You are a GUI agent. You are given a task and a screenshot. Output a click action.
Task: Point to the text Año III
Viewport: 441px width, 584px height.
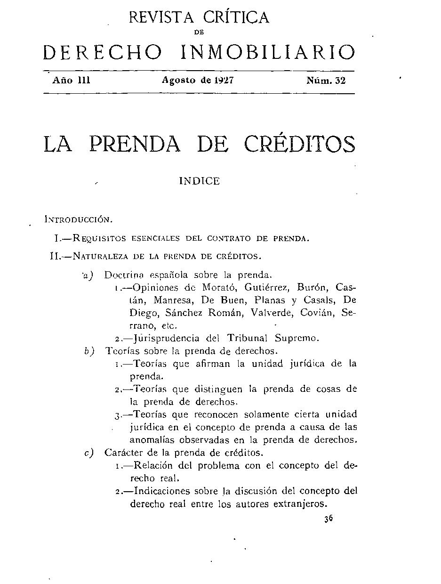(x=71, y=81)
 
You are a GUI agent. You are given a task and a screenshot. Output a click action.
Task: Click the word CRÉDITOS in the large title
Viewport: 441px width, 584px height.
(x=300, y=144)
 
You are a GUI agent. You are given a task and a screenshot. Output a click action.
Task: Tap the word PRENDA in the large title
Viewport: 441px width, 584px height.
(x=135, y=144)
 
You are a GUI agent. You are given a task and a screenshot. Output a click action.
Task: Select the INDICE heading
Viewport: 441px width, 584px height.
(x=199, y=181)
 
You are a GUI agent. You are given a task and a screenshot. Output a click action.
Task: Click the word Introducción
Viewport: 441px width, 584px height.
(x=78, y=219)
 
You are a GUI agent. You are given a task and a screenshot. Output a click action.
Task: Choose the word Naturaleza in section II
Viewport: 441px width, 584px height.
(x=102, y=257)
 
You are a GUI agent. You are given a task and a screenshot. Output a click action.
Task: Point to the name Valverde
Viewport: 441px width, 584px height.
(x=274, y=313)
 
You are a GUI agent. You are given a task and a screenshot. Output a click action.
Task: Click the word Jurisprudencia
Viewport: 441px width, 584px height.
(x=169, y=338)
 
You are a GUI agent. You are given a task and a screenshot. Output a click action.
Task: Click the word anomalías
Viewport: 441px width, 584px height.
(x=153, y=440)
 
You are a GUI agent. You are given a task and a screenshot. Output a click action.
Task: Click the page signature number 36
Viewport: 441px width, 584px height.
(x=328, y=519)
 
